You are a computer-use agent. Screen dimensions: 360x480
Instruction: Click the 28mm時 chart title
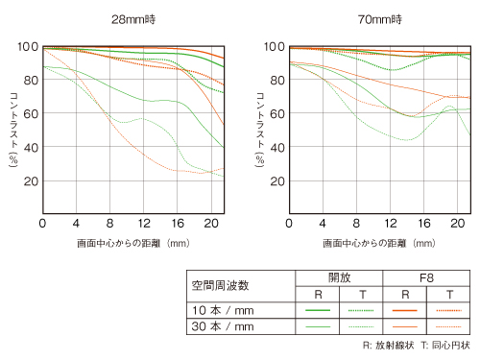point(132,18)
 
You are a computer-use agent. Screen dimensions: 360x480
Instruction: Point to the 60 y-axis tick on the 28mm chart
point(28,113)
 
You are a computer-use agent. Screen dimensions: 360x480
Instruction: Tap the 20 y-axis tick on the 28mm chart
point(28,180)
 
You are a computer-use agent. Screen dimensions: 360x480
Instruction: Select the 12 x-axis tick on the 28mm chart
point(142,223)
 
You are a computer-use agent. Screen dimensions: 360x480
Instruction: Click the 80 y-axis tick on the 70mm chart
point(274,80)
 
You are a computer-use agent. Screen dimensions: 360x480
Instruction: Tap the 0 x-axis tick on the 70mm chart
point(288,223)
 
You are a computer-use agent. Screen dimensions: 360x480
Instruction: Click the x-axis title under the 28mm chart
point(132,244)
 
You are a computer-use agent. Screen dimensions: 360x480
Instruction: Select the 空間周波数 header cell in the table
point(222,285)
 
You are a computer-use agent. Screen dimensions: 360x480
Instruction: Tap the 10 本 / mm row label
point(222,310)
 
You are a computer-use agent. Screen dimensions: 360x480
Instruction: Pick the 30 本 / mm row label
point(222,327)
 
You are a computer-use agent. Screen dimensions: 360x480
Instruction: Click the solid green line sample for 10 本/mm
point(318,310)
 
